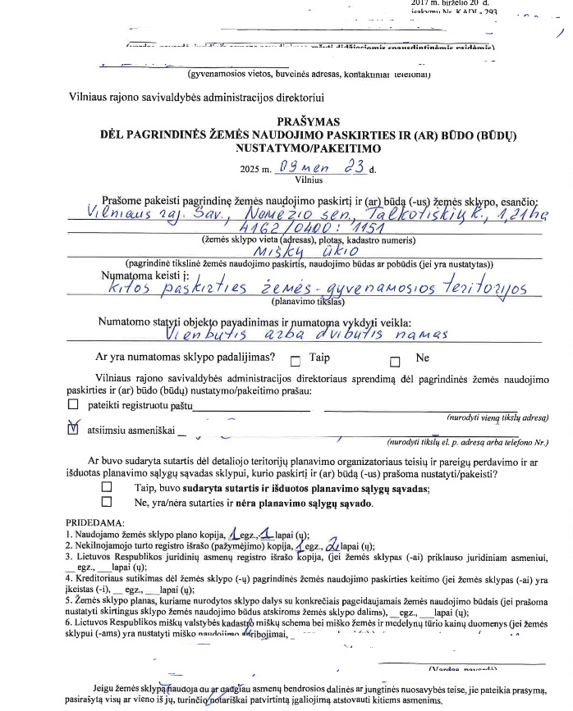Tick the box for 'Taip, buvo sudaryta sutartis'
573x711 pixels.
(106, 487)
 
